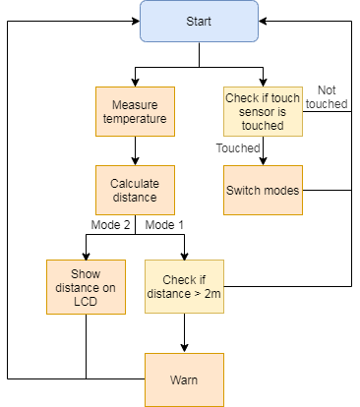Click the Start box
pyautogui.click(x=200, y=21)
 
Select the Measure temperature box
pyautogui.click(x=136, y=113)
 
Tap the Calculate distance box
pyautogui.click(x=136, y=189)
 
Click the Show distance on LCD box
pyautogui.click(x=86, y=287)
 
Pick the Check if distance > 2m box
pyautogui.click(x=184, y=287)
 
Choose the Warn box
pyautogui.click(x=184, y=378)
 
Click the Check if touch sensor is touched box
pyautogui.click(x=263, y=113)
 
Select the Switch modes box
pyautogui.click(x=263, y=189)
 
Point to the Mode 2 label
pyautogui.click(x=110, y=226)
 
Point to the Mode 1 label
pyautogui.click(x=163, y=226)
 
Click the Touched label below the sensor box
pyautogui.click(x=236, y=148)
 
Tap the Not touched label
pyautogui.click(x=326, y=96)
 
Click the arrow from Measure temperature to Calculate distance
pyautogui.click(x=136, y=152)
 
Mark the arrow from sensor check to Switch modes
pyautogui.click(x=263, y=153)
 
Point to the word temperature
pyautogui.click(x=136, y=120)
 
